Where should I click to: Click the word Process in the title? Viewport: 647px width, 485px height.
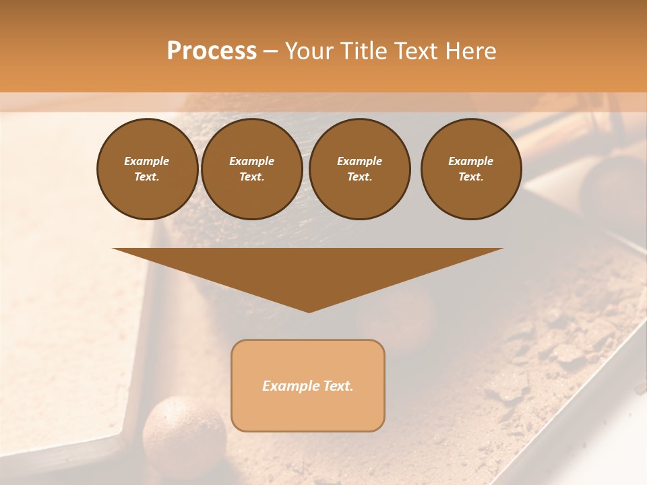point(212,51)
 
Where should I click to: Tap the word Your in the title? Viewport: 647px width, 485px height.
point(309,51)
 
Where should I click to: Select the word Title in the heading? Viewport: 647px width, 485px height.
point(363,51)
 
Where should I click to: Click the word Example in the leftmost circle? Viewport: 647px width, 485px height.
point(147,161)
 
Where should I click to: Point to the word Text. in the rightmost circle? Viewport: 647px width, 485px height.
point(470,176)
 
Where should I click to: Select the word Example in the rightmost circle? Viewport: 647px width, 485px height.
point(470,161)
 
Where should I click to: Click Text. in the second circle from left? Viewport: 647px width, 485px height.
point(251,176)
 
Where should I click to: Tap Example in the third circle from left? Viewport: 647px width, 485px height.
point(359,161)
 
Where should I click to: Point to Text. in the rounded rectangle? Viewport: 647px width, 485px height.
point(338,386)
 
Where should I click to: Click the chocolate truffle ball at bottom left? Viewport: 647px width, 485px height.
point(184,431)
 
